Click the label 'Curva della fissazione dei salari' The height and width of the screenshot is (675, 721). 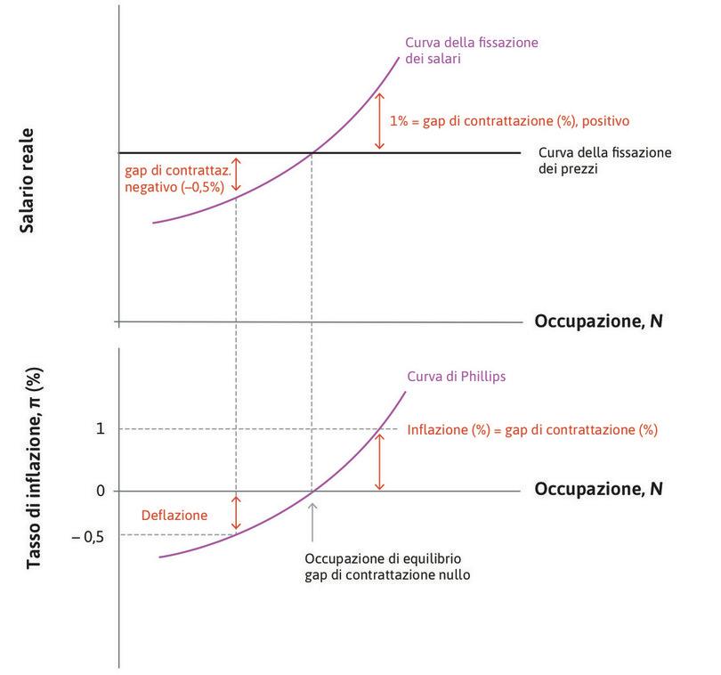pos(472,51)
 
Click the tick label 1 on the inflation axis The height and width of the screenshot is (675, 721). pos(101,428)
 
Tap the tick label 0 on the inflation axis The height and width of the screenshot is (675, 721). pos(101,491)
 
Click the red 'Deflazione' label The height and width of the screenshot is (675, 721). pos(174,515)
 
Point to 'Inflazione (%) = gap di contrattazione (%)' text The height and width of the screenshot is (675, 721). pos(531,430)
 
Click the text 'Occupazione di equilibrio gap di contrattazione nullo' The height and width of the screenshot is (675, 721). pos(387,566)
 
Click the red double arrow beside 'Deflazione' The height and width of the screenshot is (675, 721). pos(236,513)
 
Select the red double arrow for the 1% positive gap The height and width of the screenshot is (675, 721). pos(379,120)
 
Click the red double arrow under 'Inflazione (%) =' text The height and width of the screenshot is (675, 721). pos(379,459)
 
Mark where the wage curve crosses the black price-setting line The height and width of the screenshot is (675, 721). pos(312,152)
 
